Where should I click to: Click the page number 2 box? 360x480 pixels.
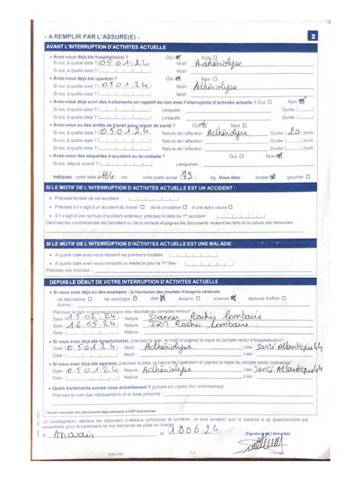click(312, 36)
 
